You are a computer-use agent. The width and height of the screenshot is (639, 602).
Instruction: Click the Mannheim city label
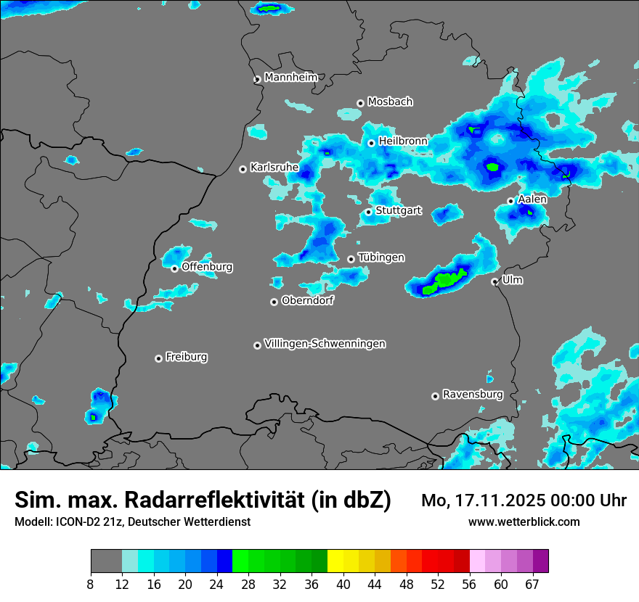[291, 77]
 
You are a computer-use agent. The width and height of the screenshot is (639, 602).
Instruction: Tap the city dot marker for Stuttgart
[369, 212]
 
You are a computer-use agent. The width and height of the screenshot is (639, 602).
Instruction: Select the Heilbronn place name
[403, 141]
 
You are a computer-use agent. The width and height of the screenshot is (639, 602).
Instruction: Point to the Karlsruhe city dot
[243, 169]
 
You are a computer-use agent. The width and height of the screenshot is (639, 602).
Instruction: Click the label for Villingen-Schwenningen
[325, 344]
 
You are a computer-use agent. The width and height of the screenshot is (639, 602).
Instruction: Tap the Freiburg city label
[186, 357]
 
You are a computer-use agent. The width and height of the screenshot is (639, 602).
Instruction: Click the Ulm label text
[512, 280]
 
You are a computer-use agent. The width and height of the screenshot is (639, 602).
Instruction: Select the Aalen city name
[532, 199]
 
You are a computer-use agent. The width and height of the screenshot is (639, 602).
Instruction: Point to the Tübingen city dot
[351, 259]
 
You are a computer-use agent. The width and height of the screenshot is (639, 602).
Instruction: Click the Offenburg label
[207, 267]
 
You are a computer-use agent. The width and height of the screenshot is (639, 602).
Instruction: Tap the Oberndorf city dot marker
[274, 302]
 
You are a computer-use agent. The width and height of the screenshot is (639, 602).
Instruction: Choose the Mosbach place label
[390, 102]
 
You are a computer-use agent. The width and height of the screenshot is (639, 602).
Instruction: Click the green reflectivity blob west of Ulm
[444, 279]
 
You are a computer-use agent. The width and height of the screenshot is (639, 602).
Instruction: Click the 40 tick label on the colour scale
[343, 585]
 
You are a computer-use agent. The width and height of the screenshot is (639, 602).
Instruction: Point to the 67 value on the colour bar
[532, 585]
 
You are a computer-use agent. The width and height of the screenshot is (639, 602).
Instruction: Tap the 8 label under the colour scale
[91, 585]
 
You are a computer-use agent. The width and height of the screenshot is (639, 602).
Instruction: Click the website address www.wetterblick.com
[524, 521]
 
